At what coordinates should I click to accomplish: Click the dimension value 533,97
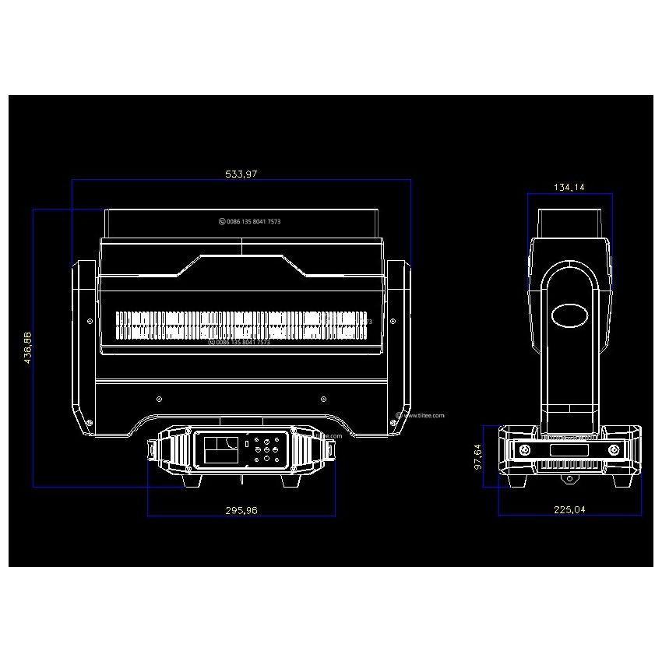pos(241,174)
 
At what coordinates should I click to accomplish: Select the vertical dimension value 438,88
pos(28,347)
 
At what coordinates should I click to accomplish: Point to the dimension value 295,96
pos(241,510)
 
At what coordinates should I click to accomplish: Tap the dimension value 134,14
pos(569,187)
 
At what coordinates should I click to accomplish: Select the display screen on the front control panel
pos(221,450)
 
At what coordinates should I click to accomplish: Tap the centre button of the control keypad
pos(266,450)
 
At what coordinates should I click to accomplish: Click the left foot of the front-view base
pos(191,481)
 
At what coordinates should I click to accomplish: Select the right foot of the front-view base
pos(291,481)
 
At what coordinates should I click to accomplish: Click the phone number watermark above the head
pos(250,222)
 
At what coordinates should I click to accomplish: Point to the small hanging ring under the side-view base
pos(569,476)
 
